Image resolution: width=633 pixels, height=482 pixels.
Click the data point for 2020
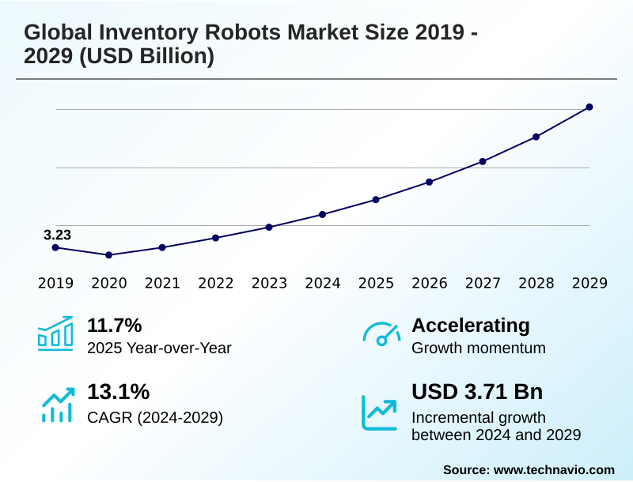click(x=109, y=255)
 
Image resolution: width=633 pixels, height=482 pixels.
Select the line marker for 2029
click(x=589, y=107)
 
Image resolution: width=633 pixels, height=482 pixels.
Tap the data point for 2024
click(x=323, y=214)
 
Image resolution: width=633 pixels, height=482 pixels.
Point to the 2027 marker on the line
click(x=483, y=161)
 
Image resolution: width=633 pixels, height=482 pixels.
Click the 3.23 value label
click(x=57, y=235)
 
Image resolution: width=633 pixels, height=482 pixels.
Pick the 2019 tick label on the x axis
click(x=55, y=283)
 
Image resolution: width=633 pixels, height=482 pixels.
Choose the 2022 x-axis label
click(x=216, y=283)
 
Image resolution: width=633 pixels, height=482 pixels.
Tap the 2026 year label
click(x=430, y=283)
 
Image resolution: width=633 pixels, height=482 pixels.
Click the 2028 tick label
click(x=536, y=283)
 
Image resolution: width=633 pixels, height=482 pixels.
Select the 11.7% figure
click(x=114, y=325)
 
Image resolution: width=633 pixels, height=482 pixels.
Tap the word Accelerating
click(x=471, y=325)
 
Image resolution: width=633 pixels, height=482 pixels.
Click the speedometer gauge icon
click(x=381, y=334)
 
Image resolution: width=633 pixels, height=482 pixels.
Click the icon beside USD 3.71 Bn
click(x=379, y=412)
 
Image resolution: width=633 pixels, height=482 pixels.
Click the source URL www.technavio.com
click(x=554, y=469)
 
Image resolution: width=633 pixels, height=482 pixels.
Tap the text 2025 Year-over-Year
click(x=159, y=348)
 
